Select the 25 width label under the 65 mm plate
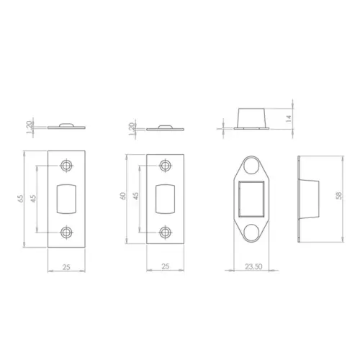point(66,266)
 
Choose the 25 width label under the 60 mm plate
point(164,266)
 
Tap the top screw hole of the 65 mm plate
point(67,166)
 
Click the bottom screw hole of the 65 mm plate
point(67,232)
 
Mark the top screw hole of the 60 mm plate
point(166,166)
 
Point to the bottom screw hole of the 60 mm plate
point(166,231)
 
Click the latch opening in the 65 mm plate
point(66,198)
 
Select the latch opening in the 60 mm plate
point(165,198)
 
